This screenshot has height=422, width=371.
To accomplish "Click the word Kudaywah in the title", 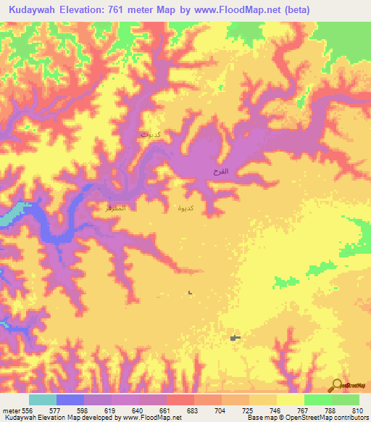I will [x=35, y=9].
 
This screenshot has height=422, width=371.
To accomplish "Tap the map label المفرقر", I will [x=116, y=208].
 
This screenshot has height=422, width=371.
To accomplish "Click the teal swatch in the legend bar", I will [x=43, y=400].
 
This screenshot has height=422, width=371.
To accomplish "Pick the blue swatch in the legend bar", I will [x=70, y=400].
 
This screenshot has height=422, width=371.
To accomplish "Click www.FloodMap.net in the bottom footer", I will [x=151, y=417].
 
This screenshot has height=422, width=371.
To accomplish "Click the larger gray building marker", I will [x=234, y=337].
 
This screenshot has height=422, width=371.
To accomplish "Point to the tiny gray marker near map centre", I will [x=190, y=293].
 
